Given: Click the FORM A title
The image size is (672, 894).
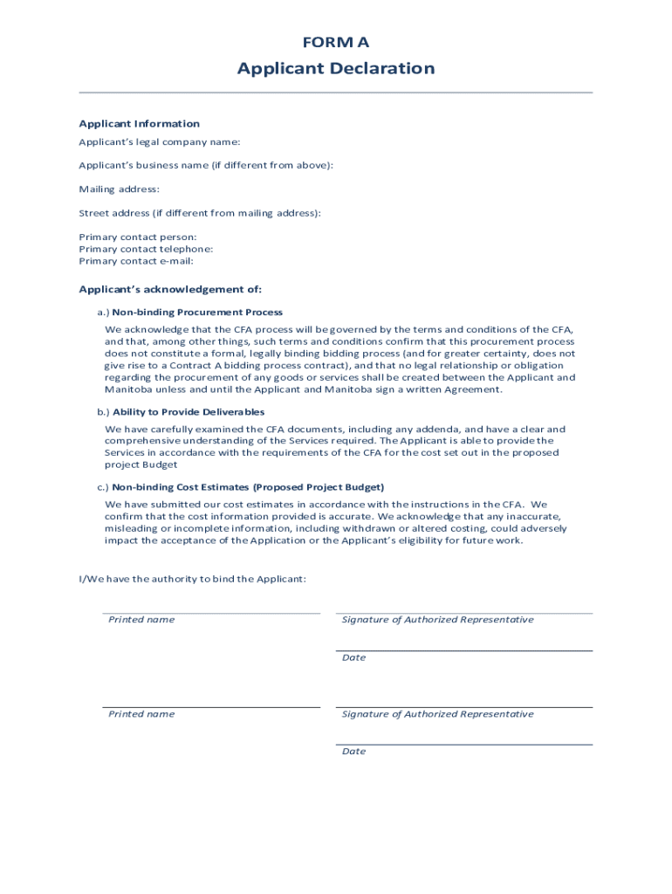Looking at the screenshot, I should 336,42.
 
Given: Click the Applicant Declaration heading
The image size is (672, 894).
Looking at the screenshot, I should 336,69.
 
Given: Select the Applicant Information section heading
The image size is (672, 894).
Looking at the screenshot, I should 139,124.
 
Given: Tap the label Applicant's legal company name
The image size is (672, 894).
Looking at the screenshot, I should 159,141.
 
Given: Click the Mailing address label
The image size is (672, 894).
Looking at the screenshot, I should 119,189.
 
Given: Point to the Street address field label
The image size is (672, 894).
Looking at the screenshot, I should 200,213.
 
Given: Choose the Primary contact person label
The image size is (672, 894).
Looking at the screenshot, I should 138,237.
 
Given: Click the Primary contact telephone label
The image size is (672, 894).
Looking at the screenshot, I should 146,249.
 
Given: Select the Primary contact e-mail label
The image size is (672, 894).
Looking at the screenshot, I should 136,261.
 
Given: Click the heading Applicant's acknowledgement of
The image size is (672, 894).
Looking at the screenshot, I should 170,289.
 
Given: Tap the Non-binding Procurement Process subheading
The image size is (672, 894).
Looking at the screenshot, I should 197,312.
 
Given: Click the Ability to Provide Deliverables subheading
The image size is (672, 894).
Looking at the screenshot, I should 189,411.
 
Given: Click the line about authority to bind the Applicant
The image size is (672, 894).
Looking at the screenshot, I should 192,579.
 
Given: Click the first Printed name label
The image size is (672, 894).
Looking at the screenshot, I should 141,620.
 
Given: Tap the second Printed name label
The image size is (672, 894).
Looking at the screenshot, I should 141,714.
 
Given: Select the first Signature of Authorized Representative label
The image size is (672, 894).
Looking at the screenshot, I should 437,620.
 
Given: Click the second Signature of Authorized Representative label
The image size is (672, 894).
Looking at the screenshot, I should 437,714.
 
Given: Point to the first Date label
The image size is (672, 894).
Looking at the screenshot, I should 353,657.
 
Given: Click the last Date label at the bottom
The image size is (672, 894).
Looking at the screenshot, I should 353,752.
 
